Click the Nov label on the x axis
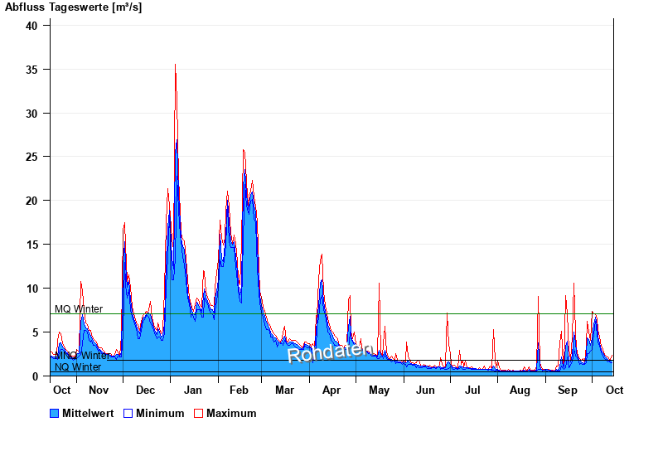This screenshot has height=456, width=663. [x=98, y=390]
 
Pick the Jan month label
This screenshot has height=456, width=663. [x=192, y=390]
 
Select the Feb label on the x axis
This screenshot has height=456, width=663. [x=239, y=390]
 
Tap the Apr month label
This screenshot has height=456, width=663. [x=331, y=390]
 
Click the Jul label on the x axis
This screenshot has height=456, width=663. [x=472, y=390]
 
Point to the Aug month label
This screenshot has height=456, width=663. [x=520, y=390]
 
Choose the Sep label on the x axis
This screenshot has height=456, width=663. [x=568, y=390]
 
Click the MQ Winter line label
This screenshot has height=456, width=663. [x=79, y=309]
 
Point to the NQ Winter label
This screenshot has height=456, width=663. [x=78, y=367]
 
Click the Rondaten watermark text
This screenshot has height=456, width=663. [x=330, y=352]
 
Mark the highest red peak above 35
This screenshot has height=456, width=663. [x=175, y=65]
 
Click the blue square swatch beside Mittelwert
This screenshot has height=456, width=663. [x=55, y=413]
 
